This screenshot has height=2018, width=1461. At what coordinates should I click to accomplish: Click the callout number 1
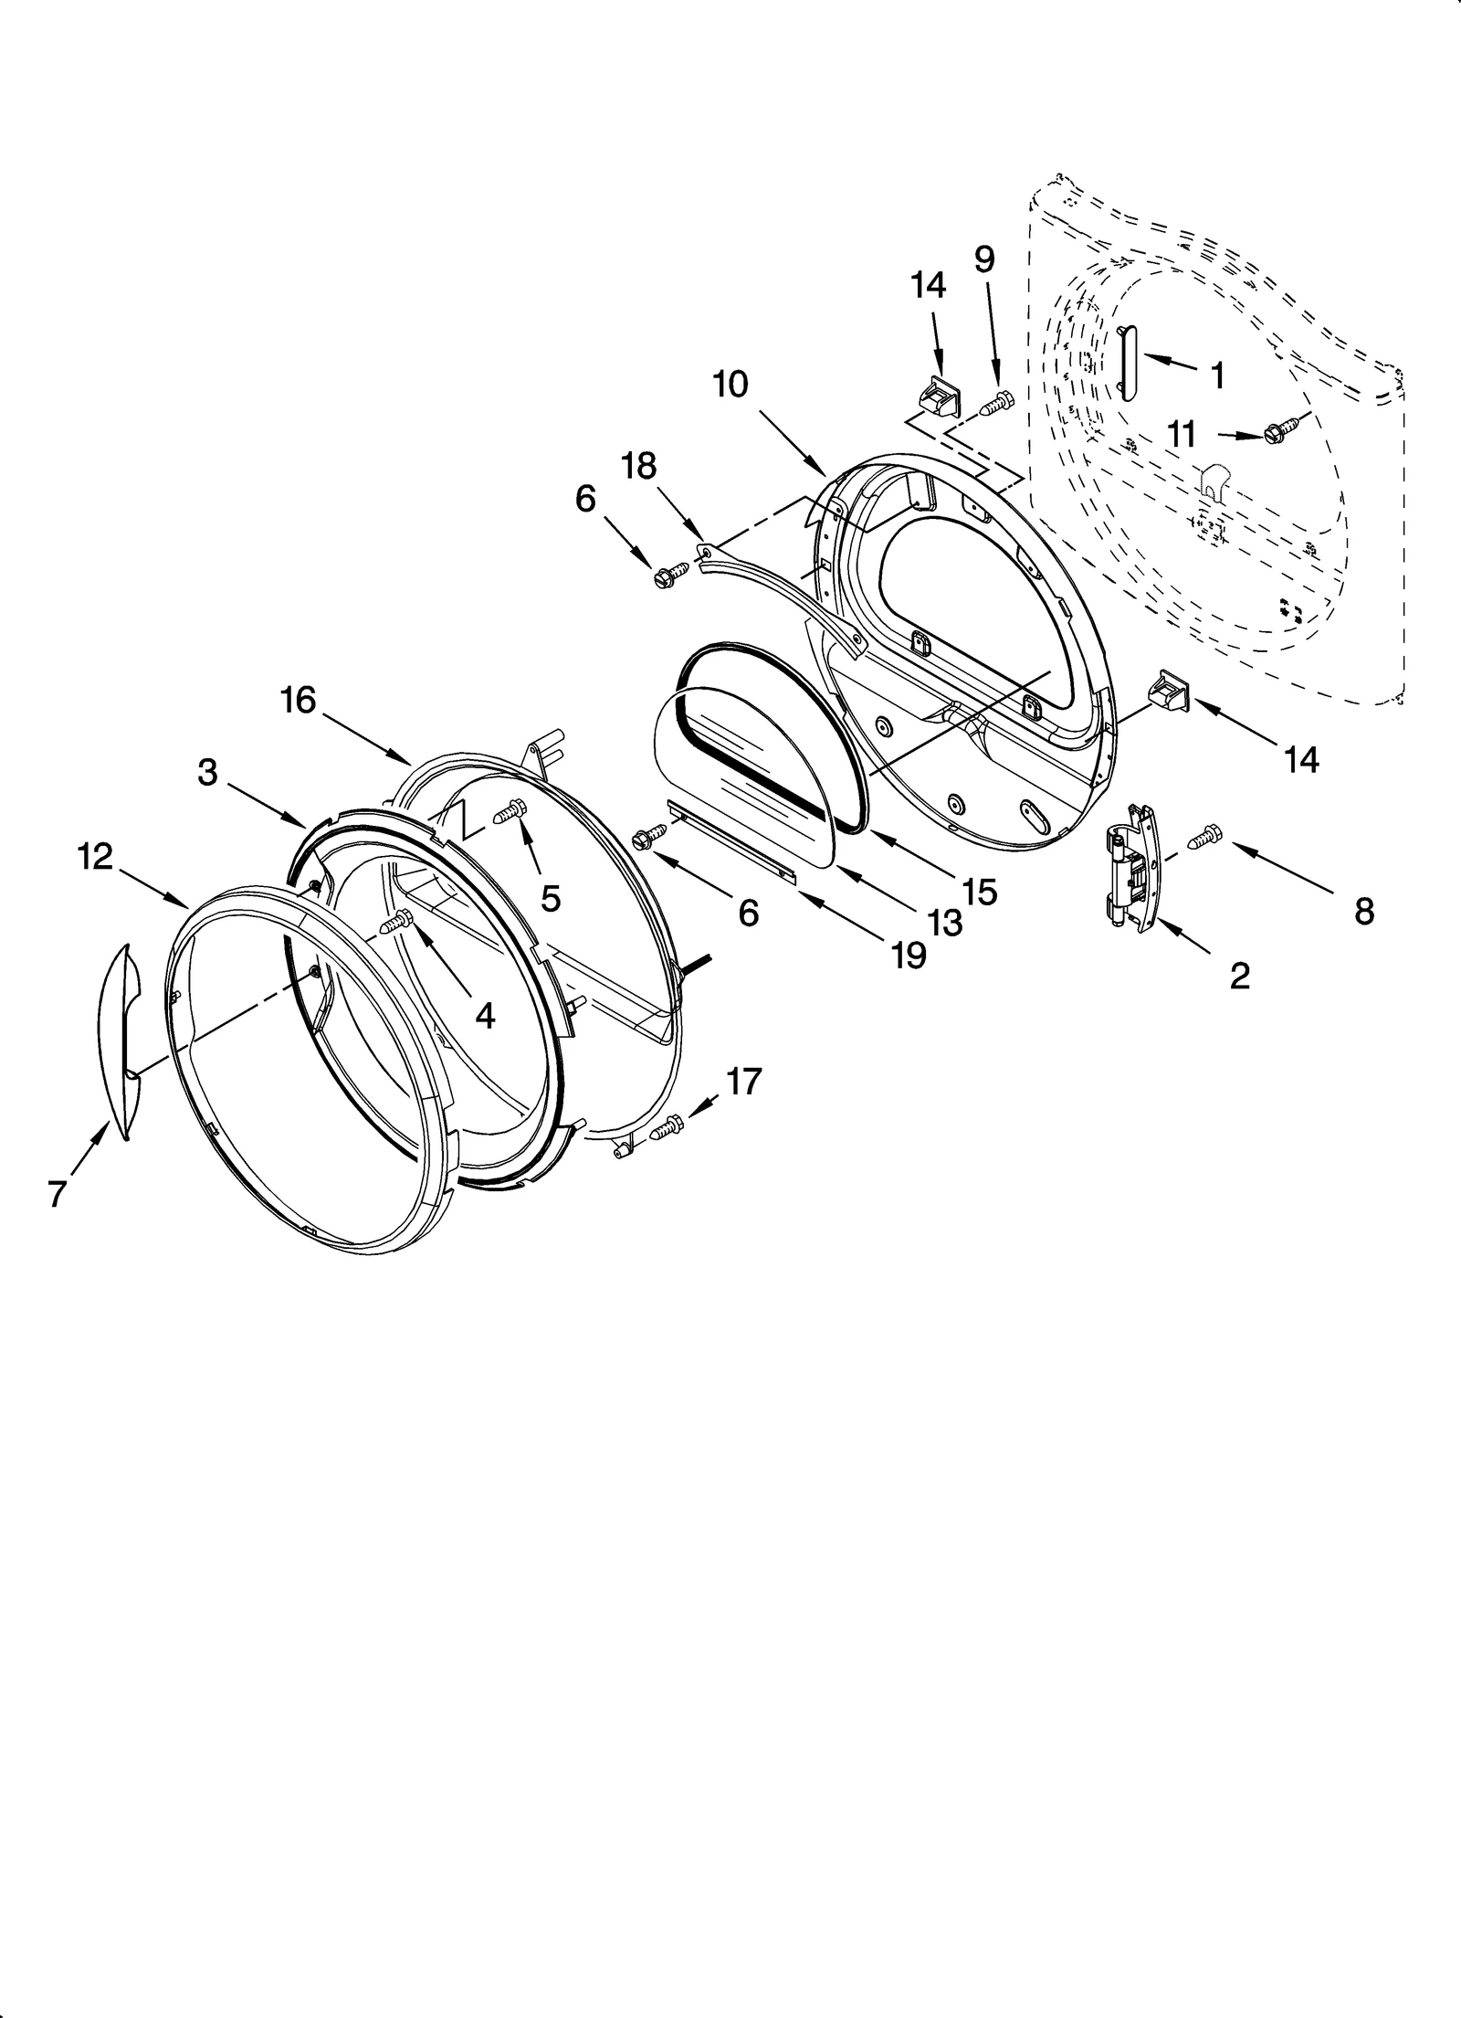1217,375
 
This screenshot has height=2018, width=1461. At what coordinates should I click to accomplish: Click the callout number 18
638,467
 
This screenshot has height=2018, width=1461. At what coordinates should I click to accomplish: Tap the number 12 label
95,857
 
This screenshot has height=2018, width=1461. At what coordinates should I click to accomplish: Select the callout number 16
298,701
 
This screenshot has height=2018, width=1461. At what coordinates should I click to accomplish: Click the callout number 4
484,1014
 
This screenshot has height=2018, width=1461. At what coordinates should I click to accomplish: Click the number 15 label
978,893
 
